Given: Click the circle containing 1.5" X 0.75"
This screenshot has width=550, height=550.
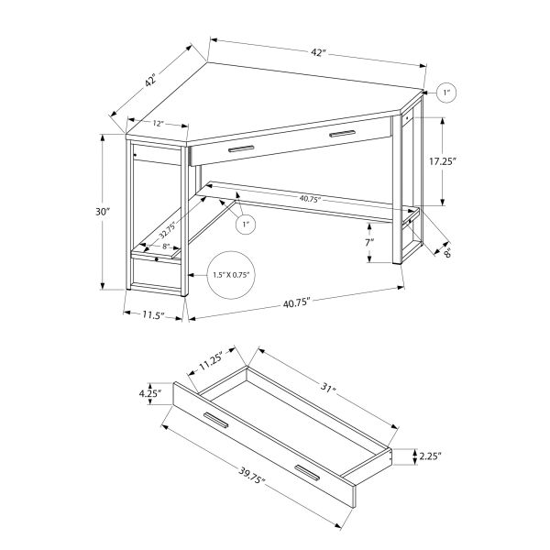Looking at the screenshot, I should tap(231, 274).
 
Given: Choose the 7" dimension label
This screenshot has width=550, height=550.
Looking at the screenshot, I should tap(368, 245).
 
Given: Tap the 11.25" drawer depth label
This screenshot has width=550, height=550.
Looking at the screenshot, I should tap(213, 367).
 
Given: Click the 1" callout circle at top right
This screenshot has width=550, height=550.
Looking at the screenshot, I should tap(447, 93).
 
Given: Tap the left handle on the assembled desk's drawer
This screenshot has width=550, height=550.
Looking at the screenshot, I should tap(241, 148).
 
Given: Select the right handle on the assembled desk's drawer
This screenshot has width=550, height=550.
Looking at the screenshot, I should tap(341, 135).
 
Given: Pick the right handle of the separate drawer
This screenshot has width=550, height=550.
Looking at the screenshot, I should tap(306, 473).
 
